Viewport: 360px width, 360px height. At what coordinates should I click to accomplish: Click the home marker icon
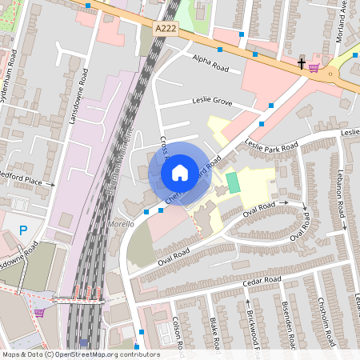click(x=180, y=172)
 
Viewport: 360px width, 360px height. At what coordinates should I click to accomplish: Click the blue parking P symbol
click(x=23, y=230)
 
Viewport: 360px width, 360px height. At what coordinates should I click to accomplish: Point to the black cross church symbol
click(x=302, y=64)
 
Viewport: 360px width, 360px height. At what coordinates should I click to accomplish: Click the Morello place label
click(x=121, y=225)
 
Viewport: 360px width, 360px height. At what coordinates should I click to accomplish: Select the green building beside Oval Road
click(x=233, y=182)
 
